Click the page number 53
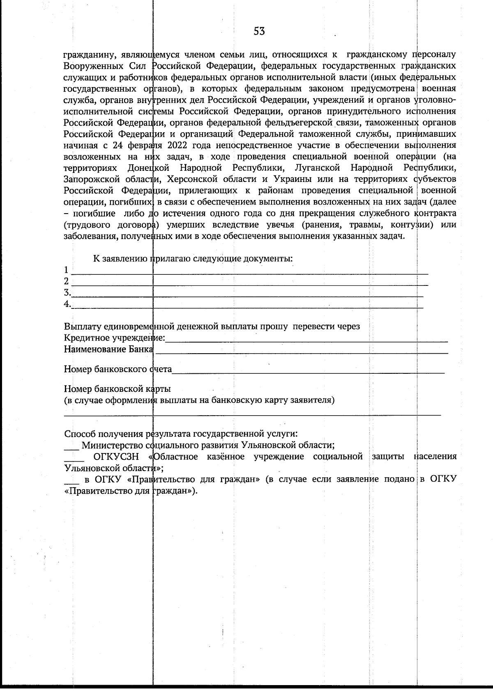[259, 31]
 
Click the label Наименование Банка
[108, 350]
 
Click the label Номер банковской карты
[117, 389]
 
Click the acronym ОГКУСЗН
[115, 457]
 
